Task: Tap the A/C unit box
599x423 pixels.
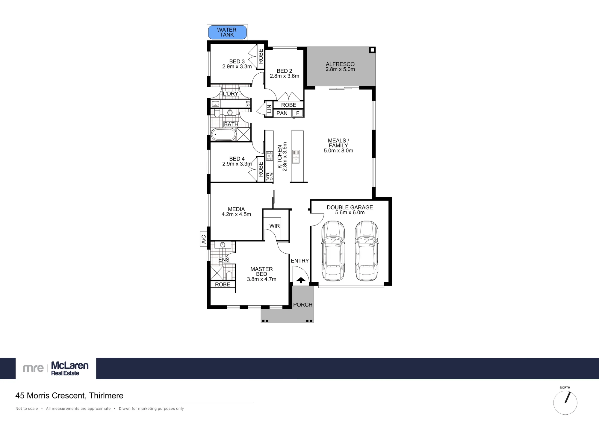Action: [x=204, y=239]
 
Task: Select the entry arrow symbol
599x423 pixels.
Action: [x=301, y=280]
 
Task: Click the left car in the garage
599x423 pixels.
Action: [x=333, y=251]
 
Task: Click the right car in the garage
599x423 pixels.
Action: [x=367, y=251]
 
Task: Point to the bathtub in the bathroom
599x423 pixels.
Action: [x=224, y=135]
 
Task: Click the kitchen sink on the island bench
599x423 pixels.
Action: [x=296, y=156]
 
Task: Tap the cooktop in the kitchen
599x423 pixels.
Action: [x=269, y=156]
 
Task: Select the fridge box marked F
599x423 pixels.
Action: [x=298, y=113]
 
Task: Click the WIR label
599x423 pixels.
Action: [x=275, y=226]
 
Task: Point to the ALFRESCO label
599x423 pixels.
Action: [x=340, y=64]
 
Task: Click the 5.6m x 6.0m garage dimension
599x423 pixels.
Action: [x=350, y=213]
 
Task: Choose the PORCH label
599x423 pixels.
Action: [x=303, y=305]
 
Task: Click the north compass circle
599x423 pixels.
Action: [x=565, y=403]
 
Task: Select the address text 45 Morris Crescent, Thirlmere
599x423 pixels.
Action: [x=69, y=396]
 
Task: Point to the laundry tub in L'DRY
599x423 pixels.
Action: [x=216, y=104]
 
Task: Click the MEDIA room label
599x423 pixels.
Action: [x=236, y=209]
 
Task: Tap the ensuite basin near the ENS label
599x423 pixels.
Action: [x=223, y=245]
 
